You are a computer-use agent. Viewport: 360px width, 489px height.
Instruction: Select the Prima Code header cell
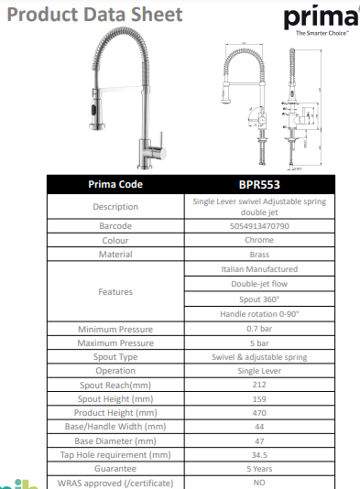click(115, 183)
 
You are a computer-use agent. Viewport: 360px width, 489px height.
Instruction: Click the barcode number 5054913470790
click(259, 225)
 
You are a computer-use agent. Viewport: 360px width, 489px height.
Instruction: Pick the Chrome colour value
click(259, 240)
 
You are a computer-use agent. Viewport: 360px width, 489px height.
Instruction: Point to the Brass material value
click(259, 255)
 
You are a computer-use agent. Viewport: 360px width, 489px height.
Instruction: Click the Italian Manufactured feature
click(259, 269)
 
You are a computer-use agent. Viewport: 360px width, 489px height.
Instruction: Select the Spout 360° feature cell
click(259, 299)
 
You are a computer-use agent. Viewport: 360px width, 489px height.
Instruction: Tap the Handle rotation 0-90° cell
click(259, 313)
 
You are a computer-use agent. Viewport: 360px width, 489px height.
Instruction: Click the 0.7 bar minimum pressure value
click(259, 328)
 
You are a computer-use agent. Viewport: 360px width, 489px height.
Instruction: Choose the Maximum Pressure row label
click(115, 342)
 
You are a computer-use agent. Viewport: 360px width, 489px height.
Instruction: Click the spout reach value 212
click(259, 386)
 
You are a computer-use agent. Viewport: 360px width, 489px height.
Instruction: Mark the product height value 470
click(259, 414)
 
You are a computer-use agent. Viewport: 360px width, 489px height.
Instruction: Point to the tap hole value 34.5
click(259, 454)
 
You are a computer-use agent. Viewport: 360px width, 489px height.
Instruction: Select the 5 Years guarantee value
click(259, 468)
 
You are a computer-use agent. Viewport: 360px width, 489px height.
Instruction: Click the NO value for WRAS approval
click(259, 482)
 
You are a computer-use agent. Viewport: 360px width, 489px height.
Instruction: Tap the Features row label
click(115, 291)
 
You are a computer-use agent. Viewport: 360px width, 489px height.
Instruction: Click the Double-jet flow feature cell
click(259, 284)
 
